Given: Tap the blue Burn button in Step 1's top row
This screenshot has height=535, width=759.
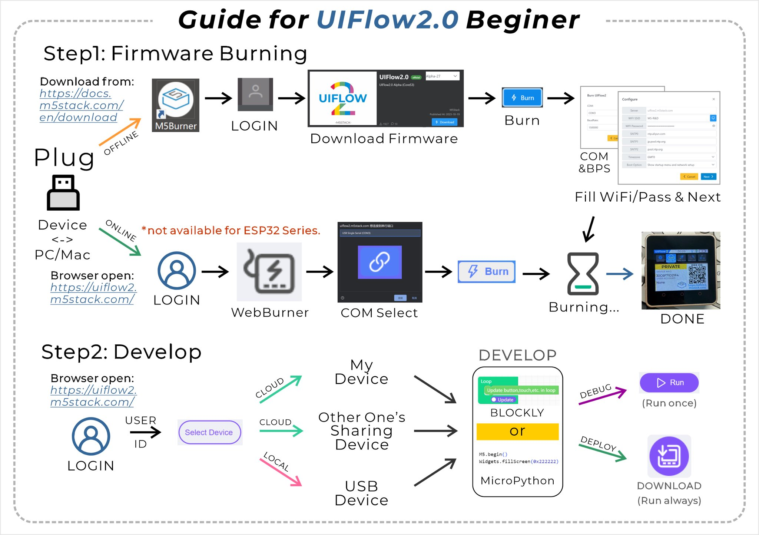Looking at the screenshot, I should click(x=522, y=98).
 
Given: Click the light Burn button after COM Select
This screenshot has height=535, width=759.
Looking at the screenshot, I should click(x=487, y=271).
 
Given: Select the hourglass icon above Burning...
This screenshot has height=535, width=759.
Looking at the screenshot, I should click(x=583, y=274).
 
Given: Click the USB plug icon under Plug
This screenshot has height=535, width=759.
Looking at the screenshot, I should click(x=63, y=192).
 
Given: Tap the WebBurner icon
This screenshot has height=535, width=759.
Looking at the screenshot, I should click(x=269, y=272).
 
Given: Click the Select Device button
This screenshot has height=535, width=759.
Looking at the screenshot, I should click(x=209, y=432).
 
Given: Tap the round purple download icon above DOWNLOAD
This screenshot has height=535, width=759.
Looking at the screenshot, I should click(x=669, y=456).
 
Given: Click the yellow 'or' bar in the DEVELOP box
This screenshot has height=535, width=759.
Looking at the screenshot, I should click(x=517, y=432).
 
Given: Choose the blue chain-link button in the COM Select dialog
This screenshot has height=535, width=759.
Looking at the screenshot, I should click(x=379, y=262).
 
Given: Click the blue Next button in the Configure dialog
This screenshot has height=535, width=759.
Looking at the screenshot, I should click(x=708, y=176).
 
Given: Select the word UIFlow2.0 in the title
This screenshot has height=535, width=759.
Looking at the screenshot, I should click(x=387, y=19).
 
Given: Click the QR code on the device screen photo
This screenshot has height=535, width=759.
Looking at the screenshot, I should click(x=697, y=275).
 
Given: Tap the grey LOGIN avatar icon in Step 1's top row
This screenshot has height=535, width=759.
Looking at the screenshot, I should click(x=255, y=94).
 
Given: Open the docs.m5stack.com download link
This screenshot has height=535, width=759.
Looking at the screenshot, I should click(x=81, y=105).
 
